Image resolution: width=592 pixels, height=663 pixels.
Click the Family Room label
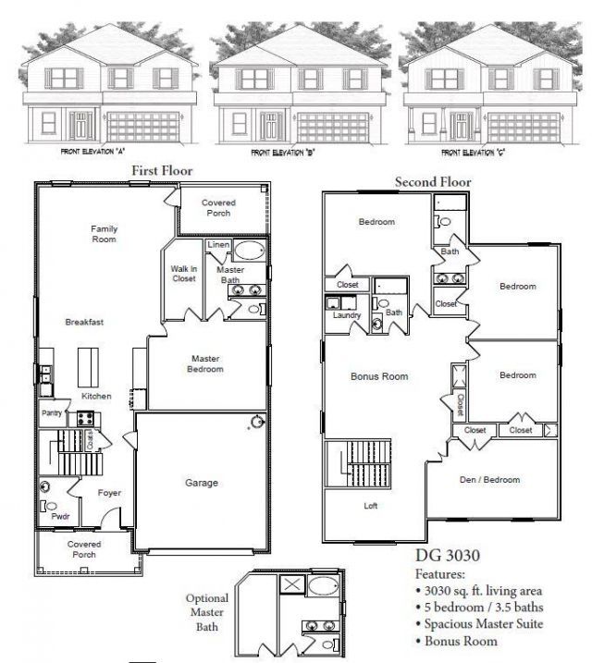coord(104,234)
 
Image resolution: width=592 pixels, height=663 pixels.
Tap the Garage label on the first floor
coord(201,483)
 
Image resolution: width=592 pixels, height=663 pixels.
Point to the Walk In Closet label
coord(183,274)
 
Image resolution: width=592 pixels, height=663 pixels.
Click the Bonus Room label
coord(379,376)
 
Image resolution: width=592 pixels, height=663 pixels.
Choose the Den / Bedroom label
coord(489,480)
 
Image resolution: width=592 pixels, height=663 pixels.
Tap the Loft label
coord(369,506)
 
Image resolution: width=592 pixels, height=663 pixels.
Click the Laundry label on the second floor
coord(346,315)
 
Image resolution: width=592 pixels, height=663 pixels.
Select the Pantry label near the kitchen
coord(50,413)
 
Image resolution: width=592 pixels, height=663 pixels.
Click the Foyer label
coord(110,493)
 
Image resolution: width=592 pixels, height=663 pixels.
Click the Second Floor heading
coord(432,182)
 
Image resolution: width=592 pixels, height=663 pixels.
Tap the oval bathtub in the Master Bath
coord(247,251)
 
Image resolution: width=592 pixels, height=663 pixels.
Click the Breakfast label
coord(83,322)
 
